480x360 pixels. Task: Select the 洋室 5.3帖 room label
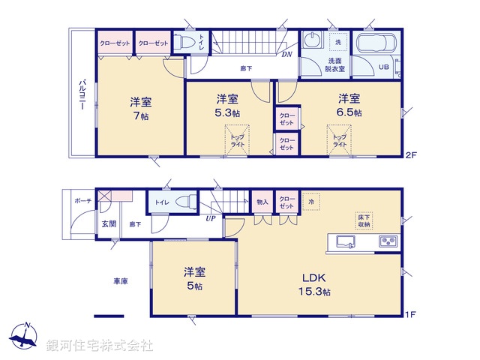(x=227, y=106)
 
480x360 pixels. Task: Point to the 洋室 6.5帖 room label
(x=349, y=105)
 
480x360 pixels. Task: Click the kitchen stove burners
(x=388, y=241)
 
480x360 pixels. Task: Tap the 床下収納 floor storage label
(x=364, y=220)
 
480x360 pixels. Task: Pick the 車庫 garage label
(x=120, y=281)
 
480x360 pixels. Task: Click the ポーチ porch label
(x=82, y=202)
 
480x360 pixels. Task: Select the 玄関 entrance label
(x=108, y=223)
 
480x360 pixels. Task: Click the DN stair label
(x=286, y=54)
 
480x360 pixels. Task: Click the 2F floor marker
(x=410, y=155)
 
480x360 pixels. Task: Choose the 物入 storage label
(x=262, y=201)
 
